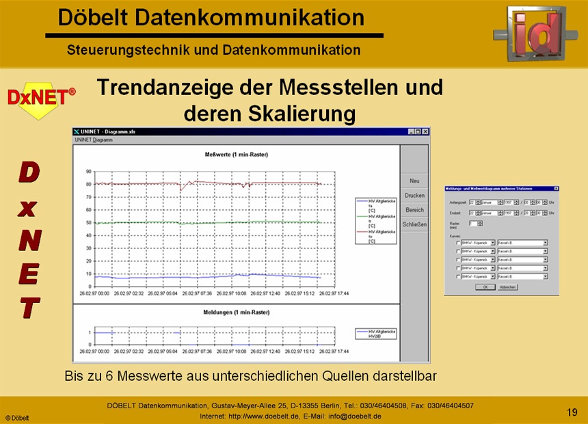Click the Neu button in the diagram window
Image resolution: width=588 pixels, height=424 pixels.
tap(414, 181)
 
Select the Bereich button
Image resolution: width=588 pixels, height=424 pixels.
tap(414, 210)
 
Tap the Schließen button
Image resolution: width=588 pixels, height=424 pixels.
tap(414, 224)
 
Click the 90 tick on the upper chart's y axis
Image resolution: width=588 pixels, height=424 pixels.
tap(89, 172)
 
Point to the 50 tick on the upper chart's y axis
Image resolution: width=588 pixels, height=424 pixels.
tap(89, 223)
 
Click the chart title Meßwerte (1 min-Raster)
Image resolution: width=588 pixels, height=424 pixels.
tap(237, 155)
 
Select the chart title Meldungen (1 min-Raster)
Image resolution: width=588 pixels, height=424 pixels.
tap(237, 312)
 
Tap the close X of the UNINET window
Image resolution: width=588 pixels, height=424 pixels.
tap(425, 131)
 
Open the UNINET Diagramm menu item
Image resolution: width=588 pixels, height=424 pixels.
tap(94, 140)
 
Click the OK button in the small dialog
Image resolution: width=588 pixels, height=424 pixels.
tap(483, 287)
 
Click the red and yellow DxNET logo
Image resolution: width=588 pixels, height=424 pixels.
tap(41, 100)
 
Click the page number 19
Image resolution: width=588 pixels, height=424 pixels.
tap(572, 412)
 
